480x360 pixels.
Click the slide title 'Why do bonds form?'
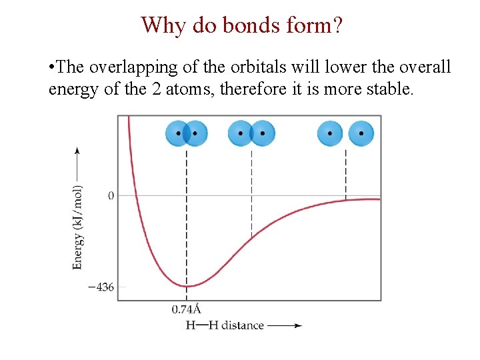(243, 25)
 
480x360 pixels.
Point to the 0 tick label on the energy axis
(111, 195)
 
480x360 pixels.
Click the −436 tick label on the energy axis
(101, 287)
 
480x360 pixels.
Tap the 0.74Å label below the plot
(187, 309)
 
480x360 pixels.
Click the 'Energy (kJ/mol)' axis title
(78, 227)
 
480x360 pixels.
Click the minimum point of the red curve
(187, 286)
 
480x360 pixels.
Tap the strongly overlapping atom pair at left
(187, 133)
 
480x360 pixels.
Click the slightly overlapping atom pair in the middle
(251, 133)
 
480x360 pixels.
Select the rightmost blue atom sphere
(361, 133)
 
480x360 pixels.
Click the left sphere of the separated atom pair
(330, 133)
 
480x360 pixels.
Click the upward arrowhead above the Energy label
(78, 151)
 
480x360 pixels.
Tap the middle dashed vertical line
(251, 193)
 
